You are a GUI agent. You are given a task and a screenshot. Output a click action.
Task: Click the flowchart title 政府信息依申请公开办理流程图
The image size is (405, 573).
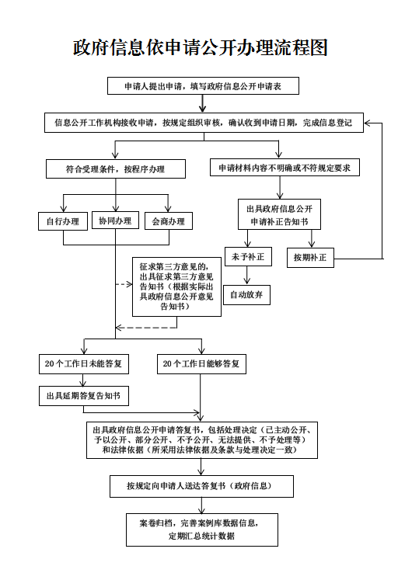200,48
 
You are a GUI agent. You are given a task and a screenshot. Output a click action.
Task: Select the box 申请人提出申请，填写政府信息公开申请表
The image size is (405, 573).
203,86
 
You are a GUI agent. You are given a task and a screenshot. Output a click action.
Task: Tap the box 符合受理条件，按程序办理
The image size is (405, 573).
116,168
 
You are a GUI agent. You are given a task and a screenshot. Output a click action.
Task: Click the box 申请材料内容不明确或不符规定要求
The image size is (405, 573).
285,168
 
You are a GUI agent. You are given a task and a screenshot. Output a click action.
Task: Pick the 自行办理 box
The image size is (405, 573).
63,221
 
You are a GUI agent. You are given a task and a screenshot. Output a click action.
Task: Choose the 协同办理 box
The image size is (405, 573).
115,221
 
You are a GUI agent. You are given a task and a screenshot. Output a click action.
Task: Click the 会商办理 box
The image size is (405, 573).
168,221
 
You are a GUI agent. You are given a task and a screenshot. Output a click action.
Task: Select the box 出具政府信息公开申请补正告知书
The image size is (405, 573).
279,214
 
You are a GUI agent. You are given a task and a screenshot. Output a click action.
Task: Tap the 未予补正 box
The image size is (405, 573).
248,256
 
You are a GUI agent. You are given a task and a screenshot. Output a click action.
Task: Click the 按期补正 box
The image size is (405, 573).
310,258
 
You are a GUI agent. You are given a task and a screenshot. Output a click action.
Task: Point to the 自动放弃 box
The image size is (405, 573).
246,295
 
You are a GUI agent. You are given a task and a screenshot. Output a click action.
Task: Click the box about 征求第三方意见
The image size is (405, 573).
176,286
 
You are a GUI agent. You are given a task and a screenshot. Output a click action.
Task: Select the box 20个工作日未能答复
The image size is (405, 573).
84,364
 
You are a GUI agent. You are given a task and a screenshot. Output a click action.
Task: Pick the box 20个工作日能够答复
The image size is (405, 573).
201,364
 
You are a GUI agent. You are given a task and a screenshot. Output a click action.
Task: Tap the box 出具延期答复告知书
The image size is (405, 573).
84,396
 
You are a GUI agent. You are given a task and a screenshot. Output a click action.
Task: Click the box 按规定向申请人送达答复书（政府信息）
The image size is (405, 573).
201,486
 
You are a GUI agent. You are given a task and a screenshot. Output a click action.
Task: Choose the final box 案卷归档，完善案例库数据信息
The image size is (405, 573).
202,530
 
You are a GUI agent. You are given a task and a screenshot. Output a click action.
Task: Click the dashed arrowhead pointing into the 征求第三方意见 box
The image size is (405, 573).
129,284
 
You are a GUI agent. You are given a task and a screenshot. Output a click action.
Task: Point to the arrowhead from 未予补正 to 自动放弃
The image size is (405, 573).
247,281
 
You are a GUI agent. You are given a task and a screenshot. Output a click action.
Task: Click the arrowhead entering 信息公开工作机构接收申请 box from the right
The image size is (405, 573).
368,123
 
